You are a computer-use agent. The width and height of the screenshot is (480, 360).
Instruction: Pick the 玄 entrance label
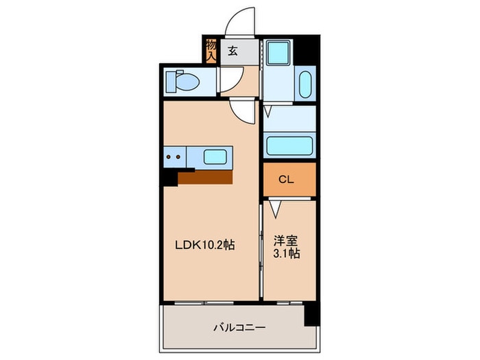232,50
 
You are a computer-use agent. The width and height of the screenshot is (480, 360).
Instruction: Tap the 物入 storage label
211,50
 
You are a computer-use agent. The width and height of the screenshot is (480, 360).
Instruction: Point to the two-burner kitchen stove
174,156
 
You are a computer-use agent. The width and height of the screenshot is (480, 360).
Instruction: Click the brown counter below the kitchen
206,177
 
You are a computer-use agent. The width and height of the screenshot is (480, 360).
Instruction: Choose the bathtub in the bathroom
289,145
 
